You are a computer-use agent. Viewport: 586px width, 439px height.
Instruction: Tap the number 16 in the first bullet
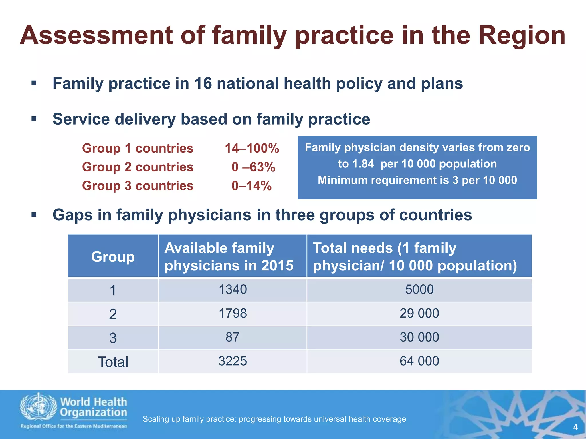[203, 83]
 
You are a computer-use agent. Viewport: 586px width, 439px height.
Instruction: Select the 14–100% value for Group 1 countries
[252, 148]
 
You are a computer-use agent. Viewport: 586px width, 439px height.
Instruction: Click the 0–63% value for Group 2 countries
[253, 167]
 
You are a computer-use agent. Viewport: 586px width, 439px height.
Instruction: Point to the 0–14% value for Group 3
[251, 186]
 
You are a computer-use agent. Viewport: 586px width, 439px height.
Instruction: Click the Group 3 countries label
[138, 186]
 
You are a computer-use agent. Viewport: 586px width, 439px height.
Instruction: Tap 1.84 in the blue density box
[363, 164]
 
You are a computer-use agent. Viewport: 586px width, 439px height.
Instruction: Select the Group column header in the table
[113, 256]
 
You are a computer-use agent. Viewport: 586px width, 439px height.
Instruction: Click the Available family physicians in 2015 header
[229, 256]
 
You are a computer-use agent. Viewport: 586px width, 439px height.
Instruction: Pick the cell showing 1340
[233, 290]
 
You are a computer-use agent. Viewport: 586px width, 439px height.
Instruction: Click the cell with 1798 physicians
[233, 314]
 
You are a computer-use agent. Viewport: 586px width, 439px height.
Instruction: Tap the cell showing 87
[232, 337]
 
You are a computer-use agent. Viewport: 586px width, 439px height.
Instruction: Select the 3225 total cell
[233, 361]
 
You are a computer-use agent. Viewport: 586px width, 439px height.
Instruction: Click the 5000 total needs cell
[419, 290]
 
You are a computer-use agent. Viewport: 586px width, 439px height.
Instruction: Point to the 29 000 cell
[419, 314]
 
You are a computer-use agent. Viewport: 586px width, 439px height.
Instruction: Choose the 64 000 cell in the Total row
[419, 361]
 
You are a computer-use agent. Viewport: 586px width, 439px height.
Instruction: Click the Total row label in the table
[113, 362]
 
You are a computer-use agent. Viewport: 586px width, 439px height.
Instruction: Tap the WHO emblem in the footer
[38, 407]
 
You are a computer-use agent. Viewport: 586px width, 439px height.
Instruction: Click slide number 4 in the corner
[575, 427]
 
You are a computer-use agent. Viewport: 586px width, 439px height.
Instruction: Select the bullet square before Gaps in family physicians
[34, 215]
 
